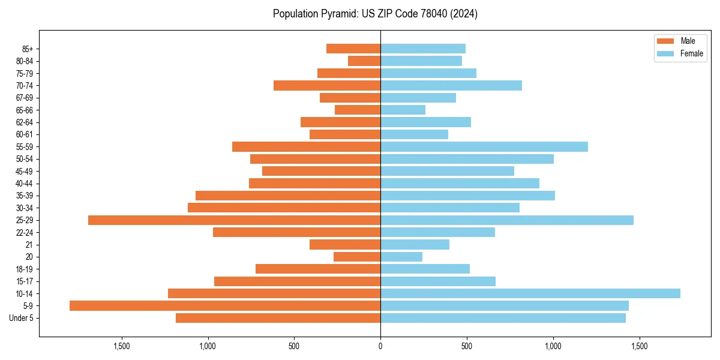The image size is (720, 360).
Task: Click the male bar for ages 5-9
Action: [x=225, y=306]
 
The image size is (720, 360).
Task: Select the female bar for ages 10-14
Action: [x=530, y=293]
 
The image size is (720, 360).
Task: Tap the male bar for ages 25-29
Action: [x=234, y=220]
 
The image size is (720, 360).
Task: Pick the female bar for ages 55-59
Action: [x=484, y=147]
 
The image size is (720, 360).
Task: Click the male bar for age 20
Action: [x=357, y=257]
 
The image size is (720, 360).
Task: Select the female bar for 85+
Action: [x=423, y=49]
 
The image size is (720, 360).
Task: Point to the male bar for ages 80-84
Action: [x=364, y=61]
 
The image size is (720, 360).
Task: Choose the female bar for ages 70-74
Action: [x=451, y=86]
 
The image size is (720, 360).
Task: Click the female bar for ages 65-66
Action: [x=403, y=110]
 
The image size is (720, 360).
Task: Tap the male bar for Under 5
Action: [x=278, y=318]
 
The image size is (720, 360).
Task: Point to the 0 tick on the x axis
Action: [x=380, y=346]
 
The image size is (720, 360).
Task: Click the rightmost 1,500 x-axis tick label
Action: [x=639, y=346]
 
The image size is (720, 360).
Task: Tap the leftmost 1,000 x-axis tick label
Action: [x=208, y=346]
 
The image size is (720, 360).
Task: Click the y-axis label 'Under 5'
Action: [x=21, y=318]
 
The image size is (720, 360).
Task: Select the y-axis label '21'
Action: [x=29, y=245]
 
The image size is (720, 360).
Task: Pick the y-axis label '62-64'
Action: [x=25, y=122]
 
